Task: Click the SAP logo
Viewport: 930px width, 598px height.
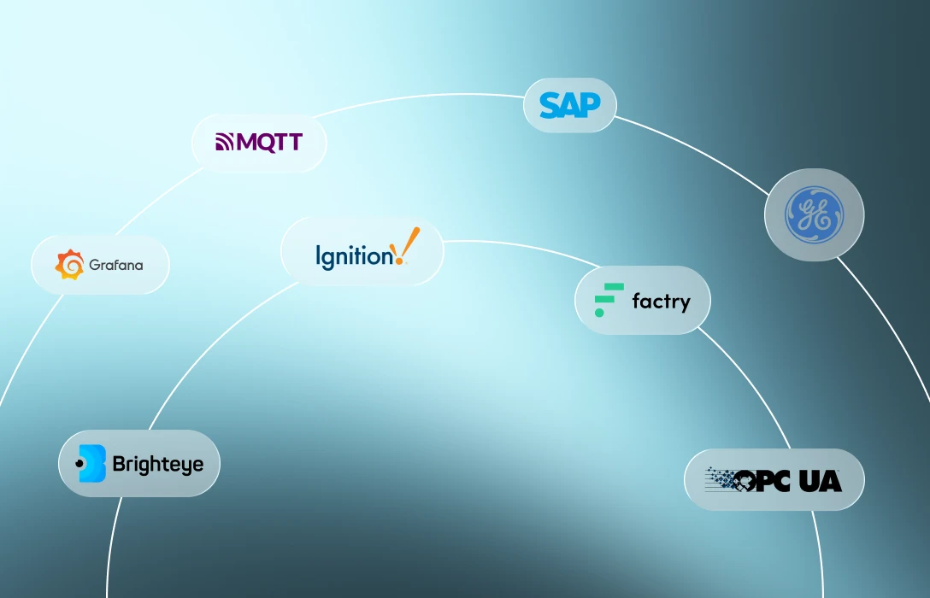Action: pos(570,105)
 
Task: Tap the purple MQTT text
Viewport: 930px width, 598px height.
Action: pos(269,143)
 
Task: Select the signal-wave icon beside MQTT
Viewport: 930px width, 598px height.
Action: pos(224,143)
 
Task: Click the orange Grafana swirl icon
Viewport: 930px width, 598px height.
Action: pos(69,264)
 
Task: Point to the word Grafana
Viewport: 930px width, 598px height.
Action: pos(116,265)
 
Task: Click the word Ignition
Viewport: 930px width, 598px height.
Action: pos(354,256)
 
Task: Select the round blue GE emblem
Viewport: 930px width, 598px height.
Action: pos(815,214)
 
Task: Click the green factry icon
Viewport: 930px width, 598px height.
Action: pos(609,300)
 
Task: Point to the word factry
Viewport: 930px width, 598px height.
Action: pos(662,302)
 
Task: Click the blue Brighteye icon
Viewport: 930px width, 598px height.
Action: pos(91,464)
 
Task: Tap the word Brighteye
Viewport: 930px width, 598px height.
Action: pos(158,464)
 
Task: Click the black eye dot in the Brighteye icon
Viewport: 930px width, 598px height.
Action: pos(79,464)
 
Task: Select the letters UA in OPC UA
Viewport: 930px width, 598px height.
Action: pos(821,481)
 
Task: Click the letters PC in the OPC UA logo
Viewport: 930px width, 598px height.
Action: pos(774,481)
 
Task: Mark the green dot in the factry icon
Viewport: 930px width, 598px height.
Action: pos(599,313)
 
